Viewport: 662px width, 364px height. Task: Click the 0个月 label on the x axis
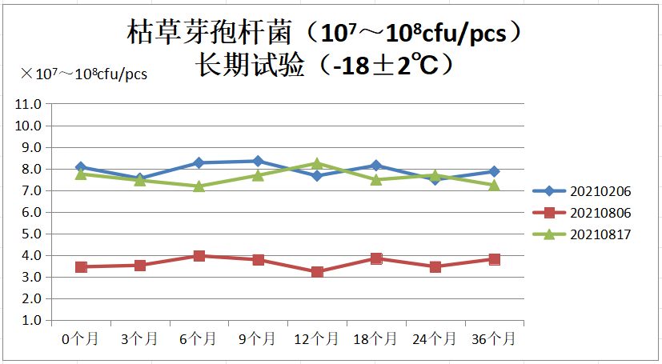point(80,339)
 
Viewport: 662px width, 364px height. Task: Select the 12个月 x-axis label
point(317,339)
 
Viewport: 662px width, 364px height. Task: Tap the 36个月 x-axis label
point(495,339)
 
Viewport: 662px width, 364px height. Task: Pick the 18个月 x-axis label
point(376,339)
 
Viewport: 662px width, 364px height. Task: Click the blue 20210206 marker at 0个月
point(81,167)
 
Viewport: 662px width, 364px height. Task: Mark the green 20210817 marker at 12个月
point(317,164)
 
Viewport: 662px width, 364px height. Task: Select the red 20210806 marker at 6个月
point(199,256)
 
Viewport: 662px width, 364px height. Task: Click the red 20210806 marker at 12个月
point(317,272)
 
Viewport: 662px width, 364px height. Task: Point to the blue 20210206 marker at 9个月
point(258,161)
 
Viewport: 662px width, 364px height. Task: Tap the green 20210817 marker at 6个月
point(199,186)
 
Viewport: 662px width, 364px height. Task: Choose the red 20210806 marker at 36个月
point(495,259)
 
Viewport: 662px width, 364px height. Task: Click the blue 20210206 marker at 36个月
point(495,171)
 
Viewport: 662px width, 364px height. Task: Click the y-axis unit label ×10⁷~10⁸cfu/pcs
point(84,74)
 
